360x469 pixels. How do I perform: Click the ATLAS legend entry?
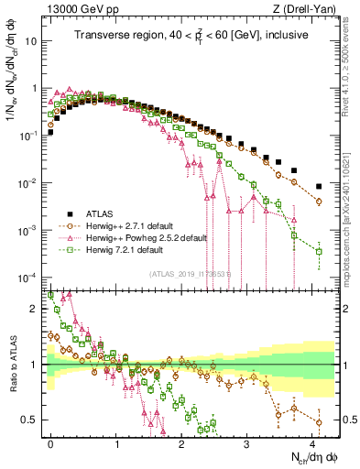100,212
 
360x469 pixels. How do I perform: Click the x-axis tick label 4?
312,442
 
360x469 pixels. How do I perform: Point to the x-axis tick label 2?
182,442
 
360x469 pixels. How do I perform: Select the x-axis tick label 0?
51,442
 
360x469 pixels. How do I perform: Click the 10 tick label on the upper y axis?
34,42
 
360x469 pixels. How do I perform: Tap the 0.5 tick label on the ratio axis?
31,420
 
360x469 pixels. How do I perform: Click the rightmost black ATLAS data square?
318,187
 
